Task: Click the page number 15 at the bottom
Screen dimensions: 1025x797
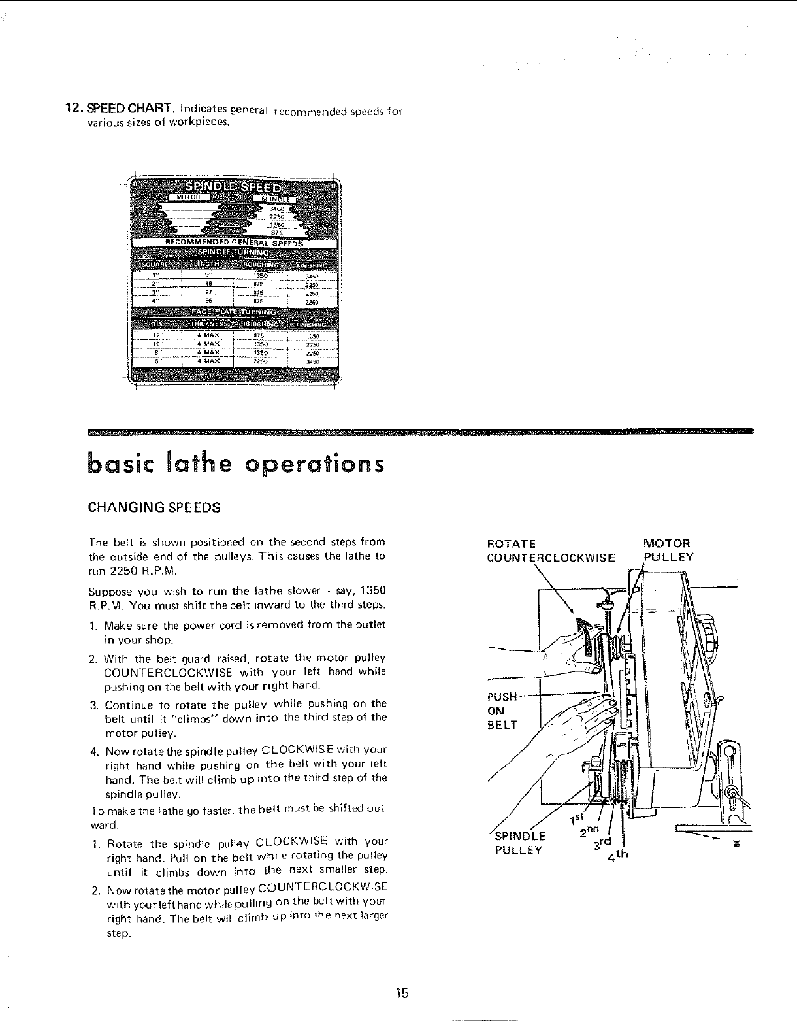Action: (401, 994)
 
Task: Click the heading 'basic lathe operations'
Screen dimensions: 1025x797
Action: (236, 464)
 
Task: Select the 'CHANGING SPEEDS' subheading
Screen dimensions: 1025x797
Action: (154, 507)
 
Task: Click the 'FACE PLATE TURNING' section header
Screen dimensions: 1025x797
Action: (233, 312)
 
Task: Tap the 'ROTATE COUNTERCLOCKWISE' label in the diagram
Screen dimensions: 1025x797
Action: (551, 550)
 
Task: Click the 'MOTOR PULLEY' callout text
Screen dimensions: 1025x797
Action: (668, 550)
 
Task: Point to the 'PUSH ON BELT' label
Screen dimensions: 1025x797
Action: (502, 710)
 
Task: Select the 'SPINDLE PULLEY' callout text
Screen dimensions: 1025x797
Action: (519, 843)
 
